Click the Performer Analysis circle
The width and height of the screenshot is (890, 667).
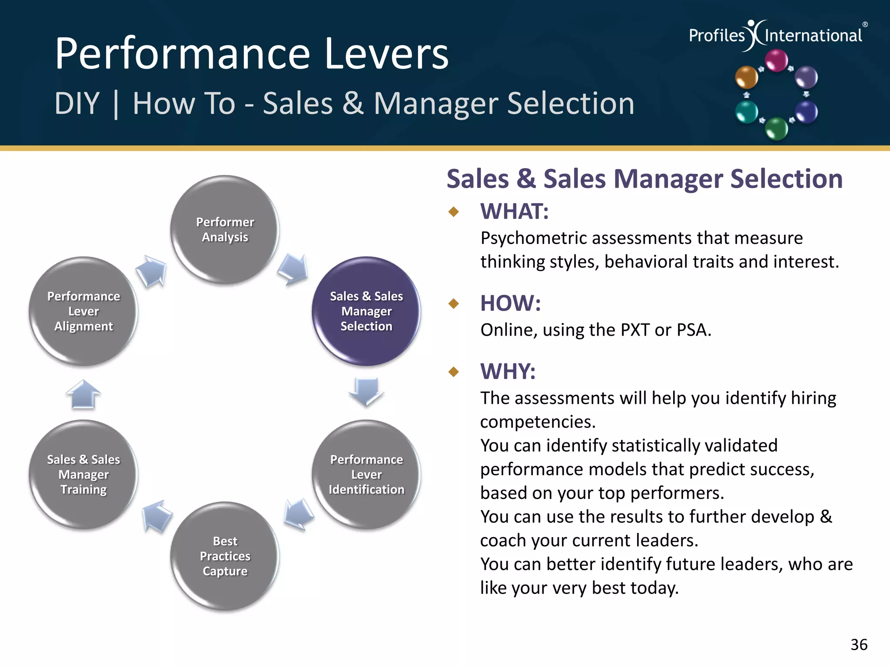(x=225, y=230)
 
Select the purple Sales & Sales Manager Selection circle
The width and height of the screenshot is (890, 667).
(x=366, y=311)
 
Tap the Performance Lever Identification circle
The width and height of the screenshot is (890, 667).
(x=366, y=474)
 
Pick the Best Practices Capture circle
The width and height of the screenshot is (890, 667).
(x=225, y=556)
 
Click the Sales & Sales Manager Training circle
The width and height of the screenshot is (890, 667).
(x=83, y=474)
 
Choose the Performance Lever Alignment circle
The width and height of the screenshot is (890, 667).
(x=83, y=311)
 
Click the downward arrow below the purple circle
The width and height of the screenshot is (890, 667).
(x=366, y=391)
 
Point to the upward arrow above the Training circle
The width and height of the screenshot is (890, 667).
(x=83, y=394)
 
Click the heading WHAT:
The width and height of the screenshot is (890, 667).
(x=514, y=211)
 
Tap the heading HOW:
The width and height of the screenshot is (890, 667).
(x=510, y=303)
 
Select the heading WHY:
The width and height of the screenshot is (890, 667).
(x=508, y=372)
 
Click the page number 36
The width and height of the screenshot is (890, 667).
(x=859, y=645)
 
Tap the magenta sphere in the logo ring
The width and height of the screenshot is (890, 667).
(x=776, y=60)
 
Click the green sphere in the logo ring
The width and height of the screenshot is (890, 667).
(x=776, y=129)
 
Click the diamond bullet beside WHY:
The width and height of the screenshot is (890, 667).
(x=454, y=372)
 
